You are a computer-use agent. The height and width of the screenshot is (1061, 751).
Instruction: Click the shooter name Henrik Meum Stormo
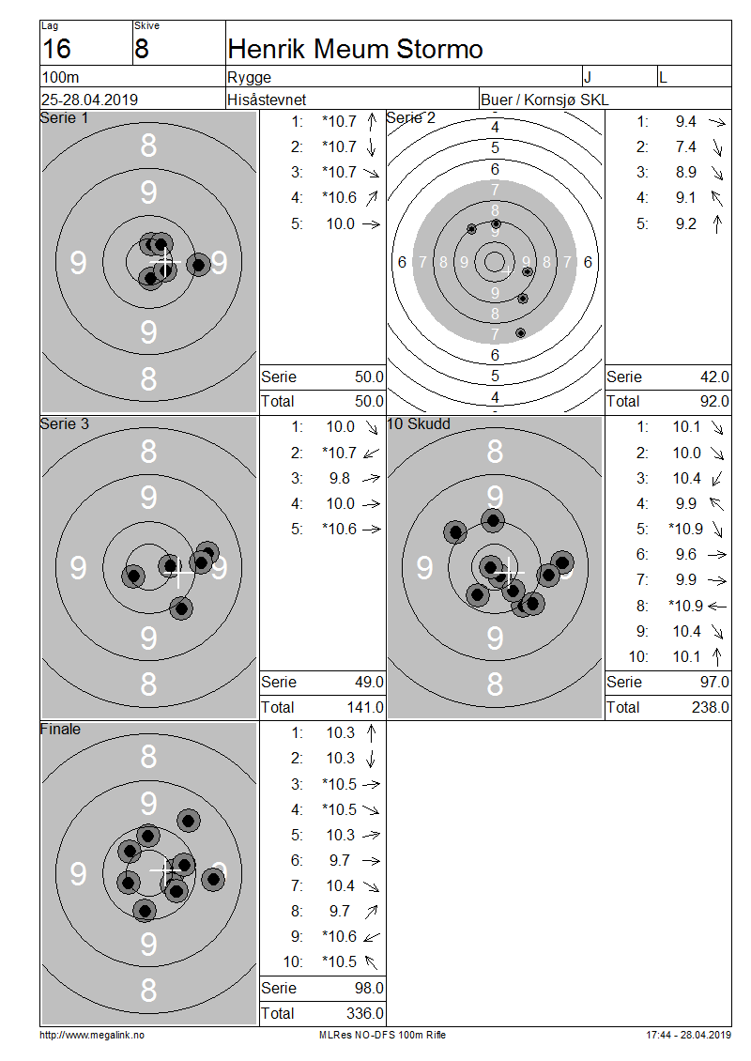pos(355,50)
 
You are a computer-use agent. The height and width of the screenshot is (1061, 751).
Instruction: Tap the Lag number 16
pos(56,50)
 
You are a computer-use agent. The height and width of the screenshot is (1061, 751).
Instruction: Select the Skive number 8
pos(142,50)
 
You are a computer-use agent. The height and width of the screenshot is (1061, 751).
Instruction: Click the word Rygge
pos(249,77)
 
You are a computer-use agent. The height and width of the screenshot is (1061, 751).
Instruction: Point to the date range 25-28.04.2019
pos(89,100)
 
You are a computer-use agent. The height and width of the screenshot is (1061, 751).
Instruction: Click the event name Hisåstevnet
pos(267,100)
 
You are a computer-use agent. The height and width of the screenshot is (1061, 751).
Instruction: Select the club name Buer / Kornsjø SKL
pos(544,100)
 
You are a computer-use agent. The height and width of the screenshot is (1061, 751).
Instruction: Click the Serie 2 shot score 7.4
pos(685,146)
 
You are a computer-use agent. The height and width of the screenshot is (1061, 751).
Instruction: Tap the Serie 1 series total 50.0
pos(369,377)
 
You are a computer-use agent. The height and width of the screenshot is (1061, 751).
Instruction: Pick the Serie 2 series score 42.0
pos(714,377)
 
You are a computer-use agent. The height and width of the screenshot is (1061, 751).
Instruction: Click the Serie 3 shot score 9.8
pos(340,479)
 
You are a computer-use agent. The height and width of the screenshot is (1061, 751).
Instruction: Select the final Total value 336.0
pos(364,1013)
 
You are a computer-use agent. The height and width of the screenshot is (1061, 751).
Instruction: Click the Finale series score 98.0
pos(369,988)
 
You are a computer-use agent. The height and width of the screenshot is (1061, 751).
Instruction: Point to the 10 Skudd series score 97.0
pos(714,682)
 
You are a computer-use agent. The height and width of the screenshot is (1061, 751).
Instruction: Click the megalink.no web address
pos(92,1035)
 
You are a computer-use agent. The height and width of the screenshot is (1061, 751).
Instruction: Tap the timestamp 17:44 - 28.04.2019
pos(688,1035)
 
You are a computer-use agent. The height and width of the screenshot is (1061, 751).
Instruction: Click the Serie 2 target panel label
pos(410,117)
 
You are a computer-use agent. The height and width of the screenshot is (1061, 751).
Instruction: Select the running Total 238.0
pos(711,707)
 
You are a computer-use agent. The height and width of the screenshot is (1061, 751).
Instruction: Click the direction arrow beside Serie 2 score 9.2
pos(717,224)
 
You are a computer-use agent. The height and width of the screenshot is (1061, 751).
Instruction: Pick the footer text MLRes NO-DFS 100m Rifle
pos(382,1035)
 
